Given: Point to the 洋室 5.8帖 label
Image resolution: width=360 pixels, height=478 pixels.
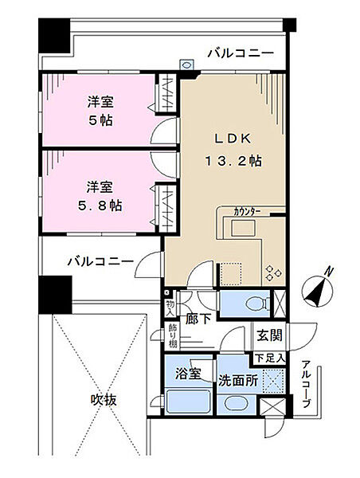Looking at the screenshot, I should [100, 196].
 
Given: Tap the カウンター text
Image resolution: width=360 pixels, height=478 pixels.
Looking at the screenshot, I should [248, 211].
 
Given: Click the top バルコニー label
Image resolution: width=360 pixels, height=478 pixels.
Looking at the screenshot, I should [241, 54].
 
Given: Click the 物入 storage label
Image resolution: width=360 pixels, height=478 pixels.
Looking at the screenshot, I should [170, 306].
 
